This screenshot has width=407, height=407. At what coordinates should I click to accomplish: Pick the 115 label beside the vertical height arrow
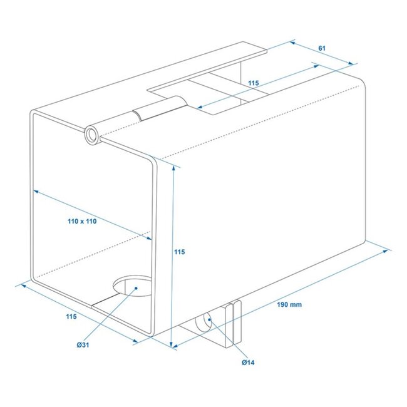click(x=180, y=252)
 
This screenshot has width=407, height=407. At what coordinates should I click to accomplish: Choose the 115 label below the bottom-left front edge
click(x=71, y=317)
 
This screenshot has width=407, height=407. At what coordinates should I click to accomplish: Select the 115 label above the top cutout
click(x=253, y=83)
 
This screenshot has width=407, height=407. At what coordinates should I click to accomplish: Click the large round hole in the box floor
click(x=133, y=287)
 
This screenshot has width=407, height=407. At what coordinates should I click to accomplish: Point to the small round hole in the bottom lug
click(x=205, y=323)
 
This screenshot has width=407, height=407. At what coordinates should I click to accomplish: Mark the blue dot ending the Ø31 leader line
click(x=136, y=289)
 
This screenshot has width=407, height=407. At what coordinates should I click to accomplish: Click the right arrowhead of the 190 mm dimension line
click(x=389, y=251)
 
